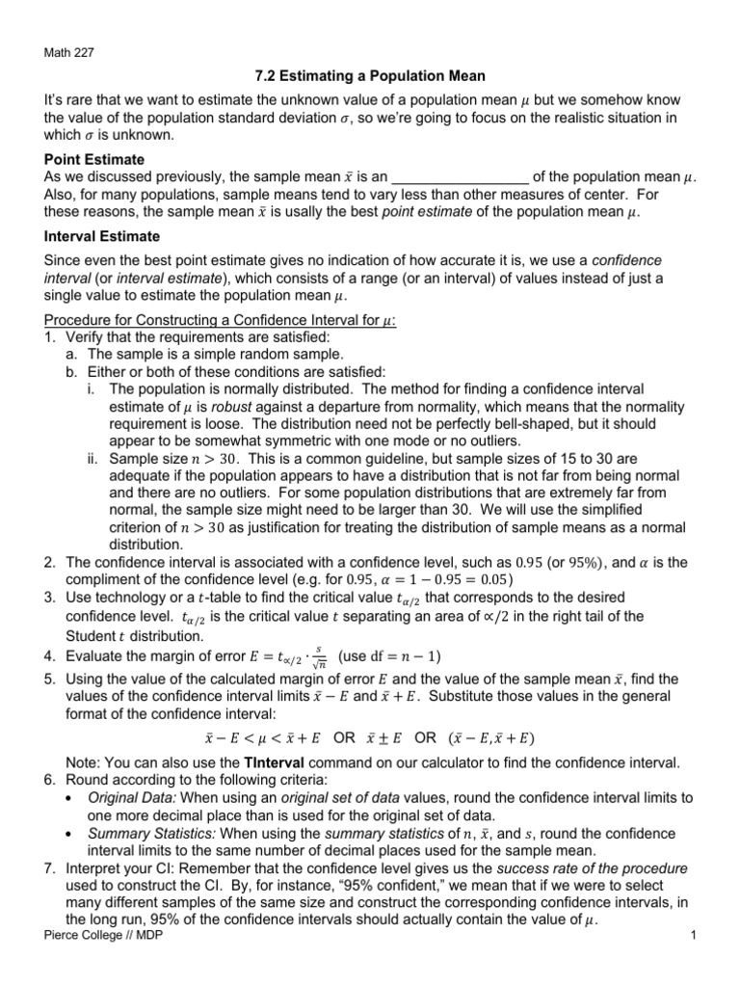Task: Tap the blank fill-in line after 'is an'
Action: (x=462, y=177)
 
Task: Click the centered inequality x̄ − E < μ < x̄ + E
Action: (x=261, y=737)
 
